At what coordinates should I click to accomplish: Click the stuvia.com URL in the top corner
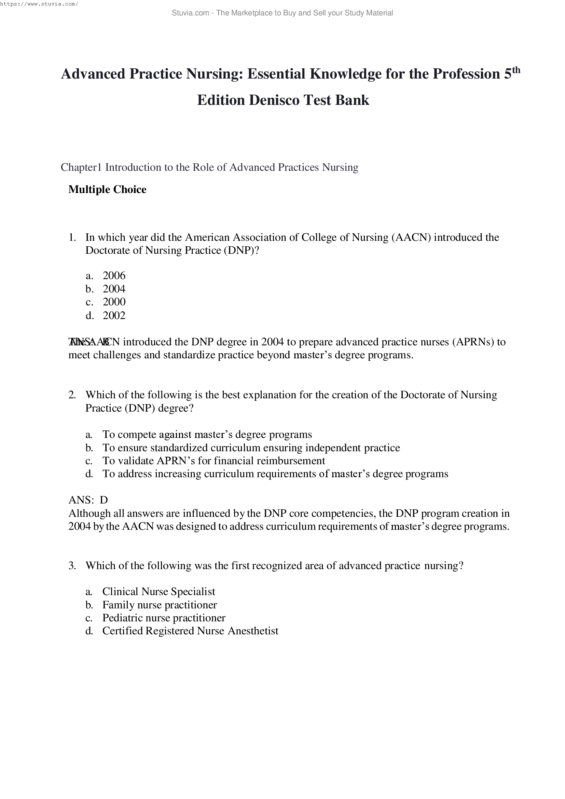pyautogui.click(x=39, y=4)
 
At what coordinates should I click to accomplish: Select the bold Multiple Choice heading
pyautogui.click(x=107, y=190)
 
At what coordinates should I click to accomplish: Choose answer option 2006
pyautogui.click(x=114, y=276)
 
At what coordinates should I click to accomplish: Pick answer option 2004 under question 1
pyautogui.click(x=114, y=289)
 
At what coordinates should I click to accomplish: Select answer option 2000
pyautogui.click(x=114, y=302)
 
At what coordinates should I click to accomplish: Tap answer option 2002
pyautogui.click(x=114, y=315)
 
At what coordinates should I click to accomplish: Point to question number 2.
pyautogui.click(x=72, y=395)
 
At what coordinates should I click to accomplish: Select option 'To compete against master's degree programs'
pyautogui.click(x=207, y=434)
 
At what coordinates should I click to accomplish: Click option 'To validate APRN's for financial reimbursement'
pyautogui.click(x=213, y=461)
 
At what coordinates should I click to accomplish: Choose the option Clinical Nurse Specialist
pyautogui.click(x=159, y=592)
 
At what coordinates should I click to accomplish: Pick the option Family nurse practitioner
pyautogui.click(x=159, y=605)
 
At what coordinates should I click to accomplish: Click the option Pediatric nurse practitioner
pyautogui.click(x=164, y=618)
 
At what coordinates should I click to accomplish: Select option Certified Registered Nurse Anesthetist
pyautogui.click(x=190, y=631)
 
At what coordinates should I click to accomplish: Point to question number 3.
pyautogui.click(x=72, y=565)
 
